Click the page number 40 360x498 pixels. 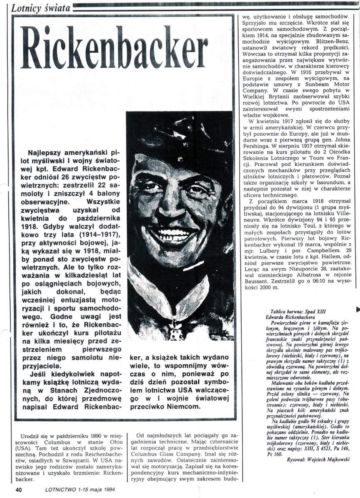click(x=18, y=490)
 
